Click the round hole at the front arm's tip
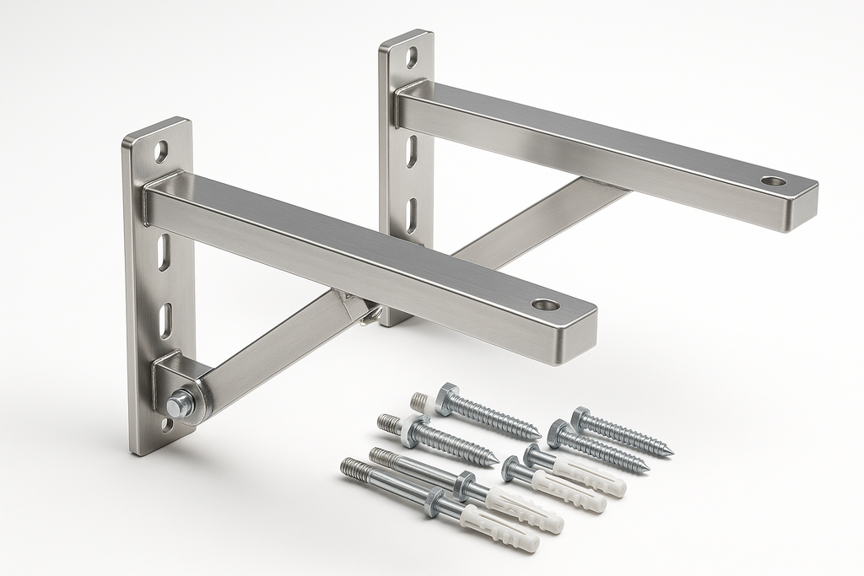545,304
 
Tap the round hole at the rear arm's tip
772,180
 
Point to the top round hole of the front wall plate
161,151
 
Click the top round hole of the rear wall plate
412,57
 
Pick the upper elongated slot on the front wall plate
165,252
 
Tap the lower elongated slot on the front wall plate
167,320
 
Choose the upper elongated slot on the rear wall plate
413,150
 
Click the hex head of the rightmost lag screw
580,417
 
